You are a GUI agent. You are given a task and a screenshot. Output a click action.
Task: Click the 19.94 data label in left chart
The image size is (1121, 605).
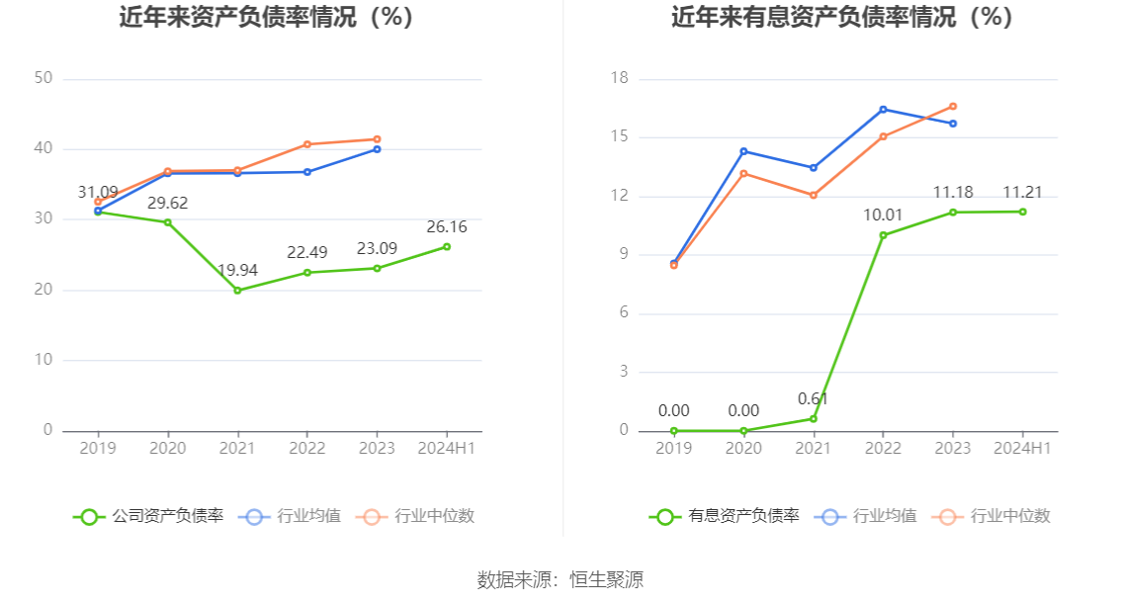pyautogui.click(x=237, y=271)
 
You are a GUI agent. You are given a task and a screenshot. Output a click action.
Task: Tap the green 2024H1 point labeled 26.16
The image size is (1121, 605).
pyautogui.click(x=447, y=246)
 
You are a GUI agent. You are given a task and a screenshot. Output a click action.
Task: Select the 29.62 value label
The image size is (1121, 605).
pyautogui.click(x=167, y=204)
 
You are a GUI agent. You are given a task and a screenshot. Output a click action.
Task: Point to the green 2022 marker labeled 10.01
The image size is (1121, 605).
pyautogui.click(x=883, y=235)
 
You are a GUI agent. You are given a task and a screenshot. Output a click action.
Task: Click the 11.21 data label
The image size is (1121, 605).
pyautogui.click(x=1022, y=193)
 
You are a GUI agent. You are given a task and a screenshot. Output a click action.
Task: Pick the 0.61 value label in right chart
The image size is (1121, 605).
pyautogui.click(x=813, y=399)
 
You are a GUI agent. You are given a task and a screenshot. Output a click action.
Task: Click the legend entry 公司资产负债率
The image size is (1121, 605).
pyautogui.click(x=149, y=516)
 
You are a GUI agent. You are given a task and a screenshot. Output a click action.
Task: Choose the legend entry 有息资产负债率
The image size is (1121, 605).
pyautogui.click(x=726, y=516)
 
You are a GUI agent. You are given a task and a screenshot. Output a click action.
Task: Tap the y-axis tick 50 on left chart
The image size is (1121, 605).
pyautogui.click(x=43, y=79)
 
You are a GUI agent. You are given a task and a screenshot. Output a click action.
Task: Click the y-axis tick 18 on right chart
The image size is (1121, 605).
pyautogui.click(x=620, y=79)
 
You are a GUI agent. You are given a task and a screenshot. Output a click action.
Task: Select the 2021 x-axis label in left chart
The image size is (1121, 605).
pyautogui.click(x=237, y=449)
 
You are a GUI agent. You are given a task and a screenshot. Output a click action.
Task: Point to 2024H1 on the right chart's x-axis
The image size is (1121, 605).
pyautogui.click(x=1022, y=449)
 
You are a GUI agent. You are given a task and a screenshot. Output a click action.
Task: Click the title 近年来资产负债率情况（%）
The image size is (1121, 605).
pyautogui.click(x=266, y=18)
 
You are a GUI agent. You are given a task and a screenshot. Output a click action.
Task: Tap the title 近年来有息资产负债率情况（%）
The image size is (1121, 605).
pyautogui.click(x=842, y=18)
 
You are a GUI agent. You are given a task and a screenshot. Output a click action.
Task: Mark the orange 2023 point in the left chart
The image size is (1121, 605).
pyautogui.click(x=378, y=139)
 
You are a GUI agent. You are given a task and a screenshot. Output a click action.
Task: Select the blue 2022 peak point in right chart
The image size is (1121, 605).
pyautogui.click(x=883, y=109)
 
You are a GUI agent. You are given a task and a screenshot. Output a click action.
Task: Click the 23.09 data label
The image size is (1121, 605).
pyautogui.click(x=377, y=249)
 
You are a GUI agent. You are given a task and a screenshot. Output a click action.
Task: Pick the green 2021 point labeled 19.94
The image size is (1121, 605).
pyautogui.click(x=237, y=291)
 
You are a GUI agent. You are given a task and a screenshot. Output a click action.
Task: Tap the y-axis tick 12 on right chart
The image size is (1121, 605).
pyautogui.click(x=620, y=197)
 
